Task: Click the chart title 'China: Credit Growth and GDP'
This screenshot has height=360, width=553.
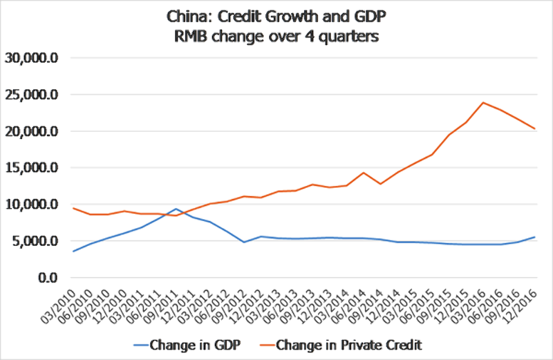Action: [x=276, y=16]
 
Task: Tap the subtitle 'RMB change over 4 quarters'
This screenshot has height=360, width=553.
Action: [x=276, y=36]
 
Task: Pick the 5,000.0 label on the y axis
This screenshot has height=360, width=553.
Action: [x=36, y=241]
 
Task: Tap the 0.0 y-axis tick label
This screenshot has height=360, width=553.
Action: [x=48, y=278]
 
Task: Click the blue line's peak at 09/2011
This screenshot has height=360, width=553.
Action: [x=176, y=209]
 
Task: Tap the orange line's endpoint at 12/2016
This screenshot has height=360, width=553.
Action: [x=534, y=129]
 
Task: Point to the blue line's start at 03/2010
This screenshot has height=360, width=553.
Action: [x=73, y=251]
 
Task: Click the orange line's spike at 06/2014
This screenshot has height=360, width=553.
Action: [x=364, y=173]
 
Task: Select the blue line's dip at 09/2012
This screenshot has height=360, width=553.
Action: [x=244, y=242]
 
